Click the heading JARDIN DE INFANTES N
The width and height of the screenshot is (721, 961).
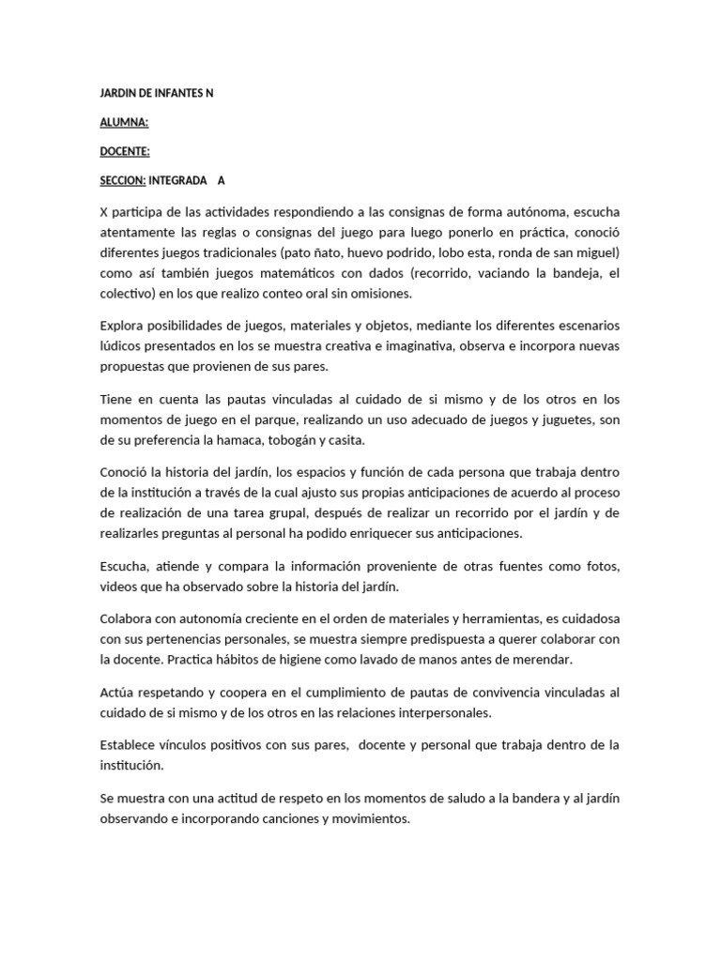click(x=157, y=94)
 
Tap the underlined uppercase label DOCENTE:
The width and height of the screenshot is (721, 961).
click(x=125, y=151)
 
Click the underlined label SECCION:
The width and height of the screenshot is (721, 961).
click(x=122, y=180)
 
